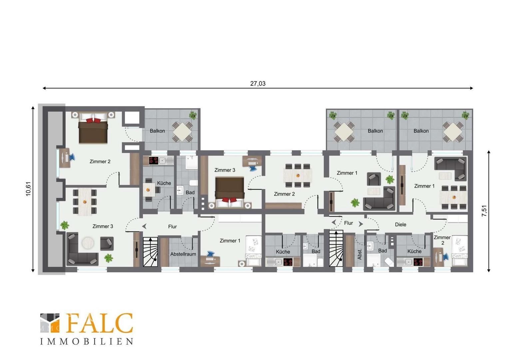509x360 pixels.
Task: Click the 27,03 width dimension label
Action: [258, 84]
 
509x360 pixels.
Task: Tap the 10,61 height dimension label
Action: [28, 189]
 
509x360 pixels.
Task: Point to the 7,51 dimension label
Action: [484, 211]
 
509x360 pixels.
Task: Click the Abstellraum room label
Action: [183, 254]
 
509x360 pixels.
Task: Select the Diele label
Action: [401, 225]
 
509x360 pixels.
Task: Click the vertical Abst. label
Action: [359, 254]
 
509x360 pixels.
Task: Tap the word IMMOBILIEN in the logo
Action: [87, 341]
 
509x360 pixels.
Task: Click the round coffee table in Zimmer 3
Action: [88, 243]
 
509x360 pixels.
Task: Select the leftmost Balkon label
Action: [157, 131]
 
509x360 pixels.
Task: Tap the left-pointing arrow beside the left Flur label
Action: [144, 226]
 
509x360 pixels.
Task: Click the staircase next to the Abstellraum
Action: [150, 252]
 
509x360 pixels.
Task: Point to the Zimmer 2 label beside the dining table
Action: [284, 194]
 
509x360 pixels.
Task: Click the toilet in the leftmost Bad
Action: [194, 183]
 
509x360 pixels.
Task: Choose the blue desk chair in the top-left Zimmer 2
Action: [72, 157]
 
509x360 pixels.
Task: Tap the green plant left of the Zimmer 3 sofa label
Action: [65, 225]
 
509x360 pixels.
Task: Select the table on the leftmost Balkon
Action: [183, 132]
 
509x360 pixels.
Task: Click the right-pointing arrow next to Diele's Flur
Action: [361, 224]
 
